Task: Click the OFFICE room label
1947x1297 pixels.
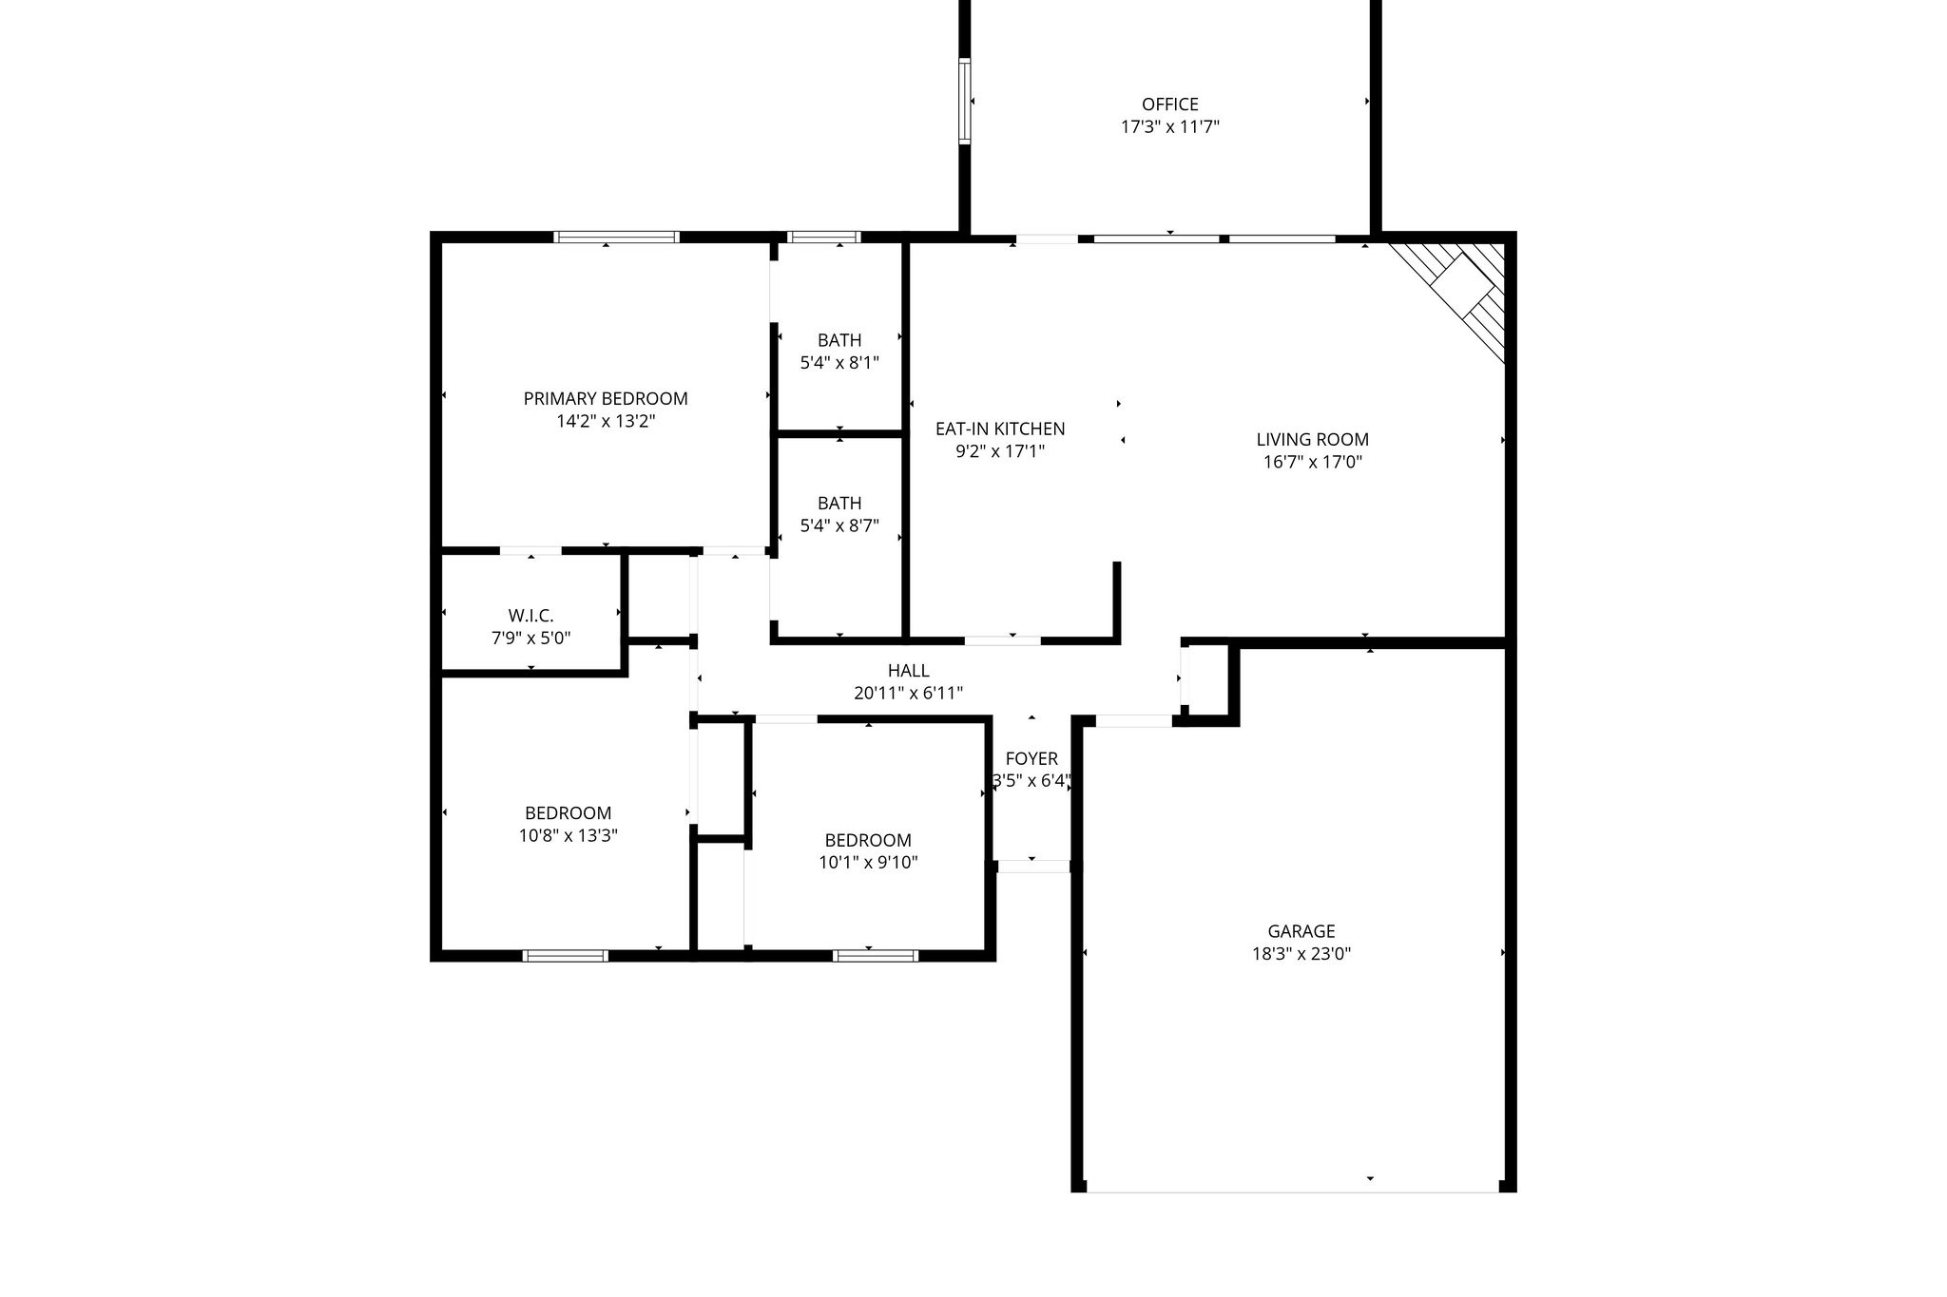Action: tap(1169, 104)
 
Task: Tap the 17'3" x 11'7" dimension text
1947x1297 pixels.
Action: tap(1169, 126)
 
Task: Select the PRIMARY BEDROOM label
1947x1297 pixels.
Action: tap(606, 398)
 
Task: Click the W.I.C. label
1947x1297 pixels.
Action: tap(530, 616)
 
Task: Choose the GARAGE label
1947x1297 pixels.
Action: tap(1301, 931)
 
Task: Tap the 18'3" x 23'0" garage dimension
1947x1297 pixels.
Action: tap(1301, 954)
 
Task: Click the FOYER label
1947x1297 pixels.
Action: tap(1031, 758)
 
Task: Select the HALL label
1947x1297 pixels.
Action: tap(908, 671)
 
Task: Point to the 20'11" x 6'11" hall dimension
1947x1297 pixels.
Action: tap(908, 694)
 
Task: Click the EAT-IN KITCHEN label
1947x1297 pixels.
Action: tap(1000, 429)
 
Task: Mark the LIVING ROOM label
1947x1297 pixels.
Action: tap(1312, 439)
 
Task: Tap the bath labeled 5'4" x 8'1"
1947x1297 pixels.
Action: tap(839, 362)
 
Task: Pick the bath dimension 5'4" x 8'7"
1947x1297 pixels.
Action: tap(839, 525)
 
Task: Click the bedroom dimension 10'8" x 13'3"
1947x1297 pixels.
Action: tap(568, 836)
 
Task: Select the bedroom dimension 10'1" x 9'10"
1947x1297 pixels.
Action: tap(868, 863)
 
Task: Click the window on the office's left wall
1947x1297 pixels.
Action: tap(965, 101)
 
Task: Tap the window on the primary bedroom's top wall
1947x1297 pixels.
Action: tap(616, 237)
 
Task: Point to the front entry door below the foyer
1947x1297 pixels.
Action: tap(1033, 866)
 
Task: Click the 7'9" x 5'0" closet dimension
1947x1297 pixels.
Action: tap(530, 639)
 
